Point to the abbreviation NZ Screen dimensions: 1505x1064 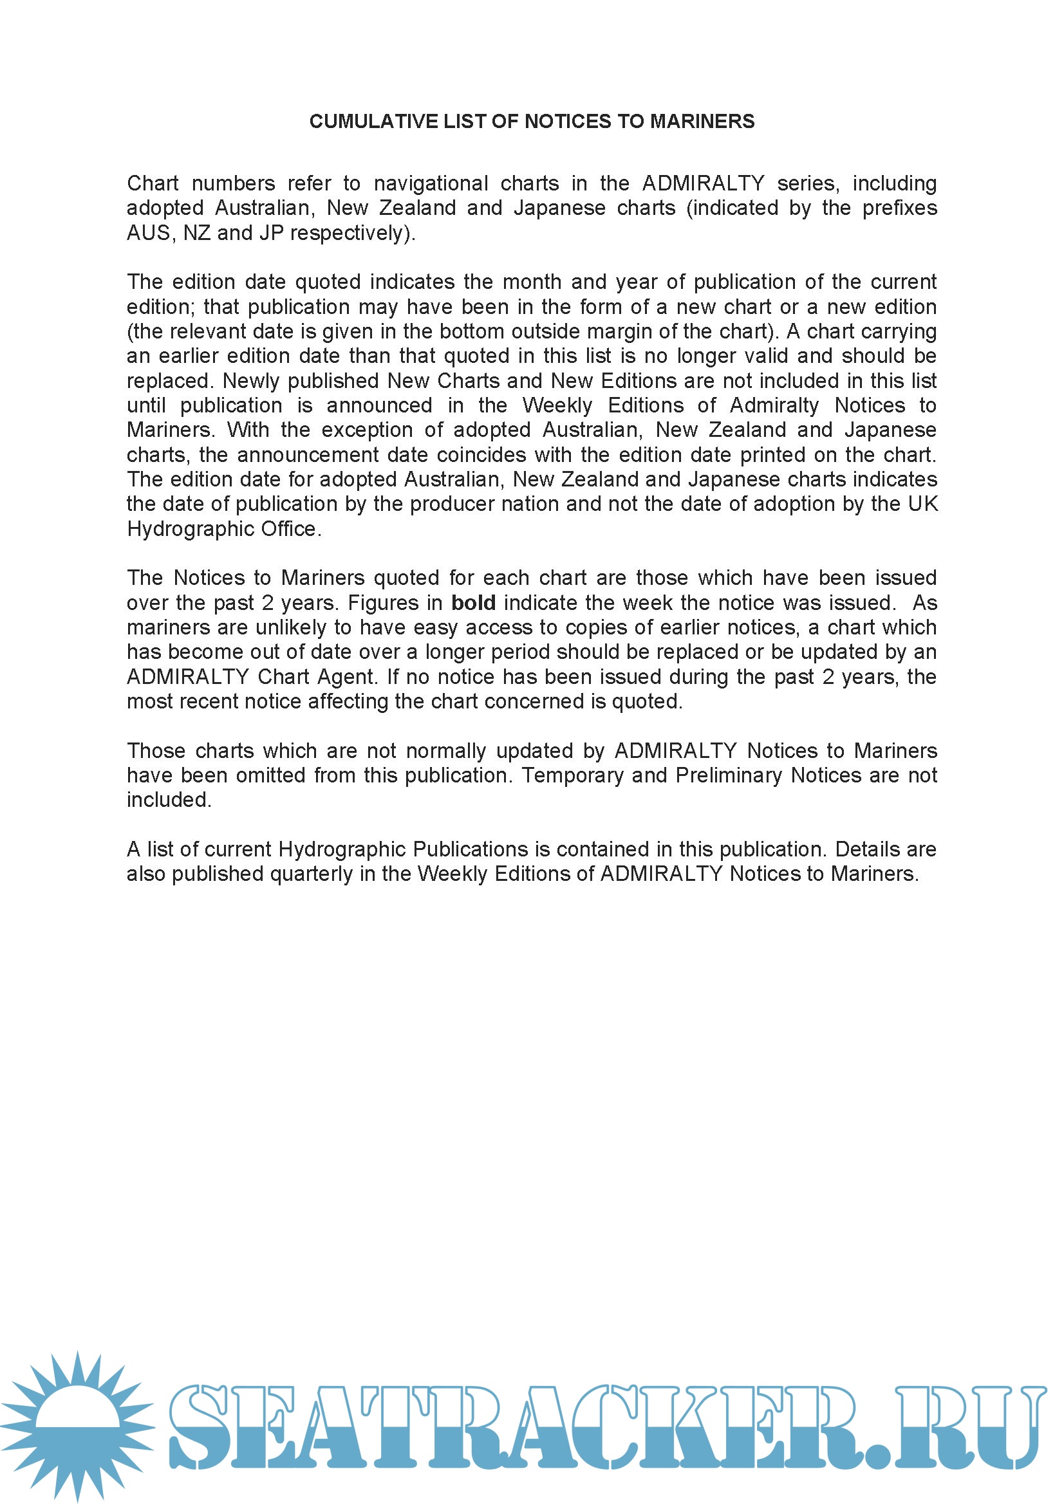point(197,233)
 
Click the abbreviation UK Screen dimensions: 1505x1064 point(924,504)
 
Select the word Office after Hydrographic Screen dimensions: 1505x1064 point(288,529)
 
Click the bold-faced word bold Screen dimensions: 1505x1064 point(473,603)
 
